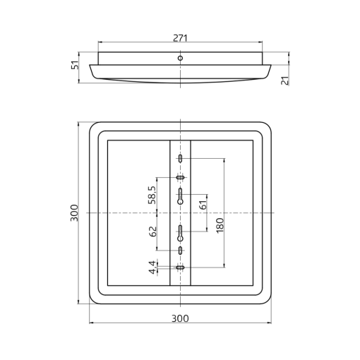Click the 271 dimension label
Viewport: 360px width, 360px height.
[180, 38]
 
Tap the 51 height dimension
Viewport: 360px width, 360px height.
[75, 65]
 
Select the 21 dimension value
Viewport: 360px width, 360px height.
[285, 80]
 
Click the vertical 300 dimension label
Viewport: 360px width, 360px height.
[74, 212]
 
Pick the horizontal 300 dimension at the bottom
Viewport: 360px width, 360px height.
[180, 318]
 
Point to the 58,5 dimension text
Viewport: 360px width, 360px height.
[152, 195]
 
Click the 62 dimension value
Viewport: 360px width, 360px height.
[152, 232]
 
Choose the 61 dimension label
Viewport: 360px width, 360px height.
[203, 205]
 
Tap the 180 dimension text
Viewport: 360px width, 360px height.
[220, 225]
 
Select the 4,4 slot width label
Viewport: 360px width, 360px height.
[152, 268]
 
